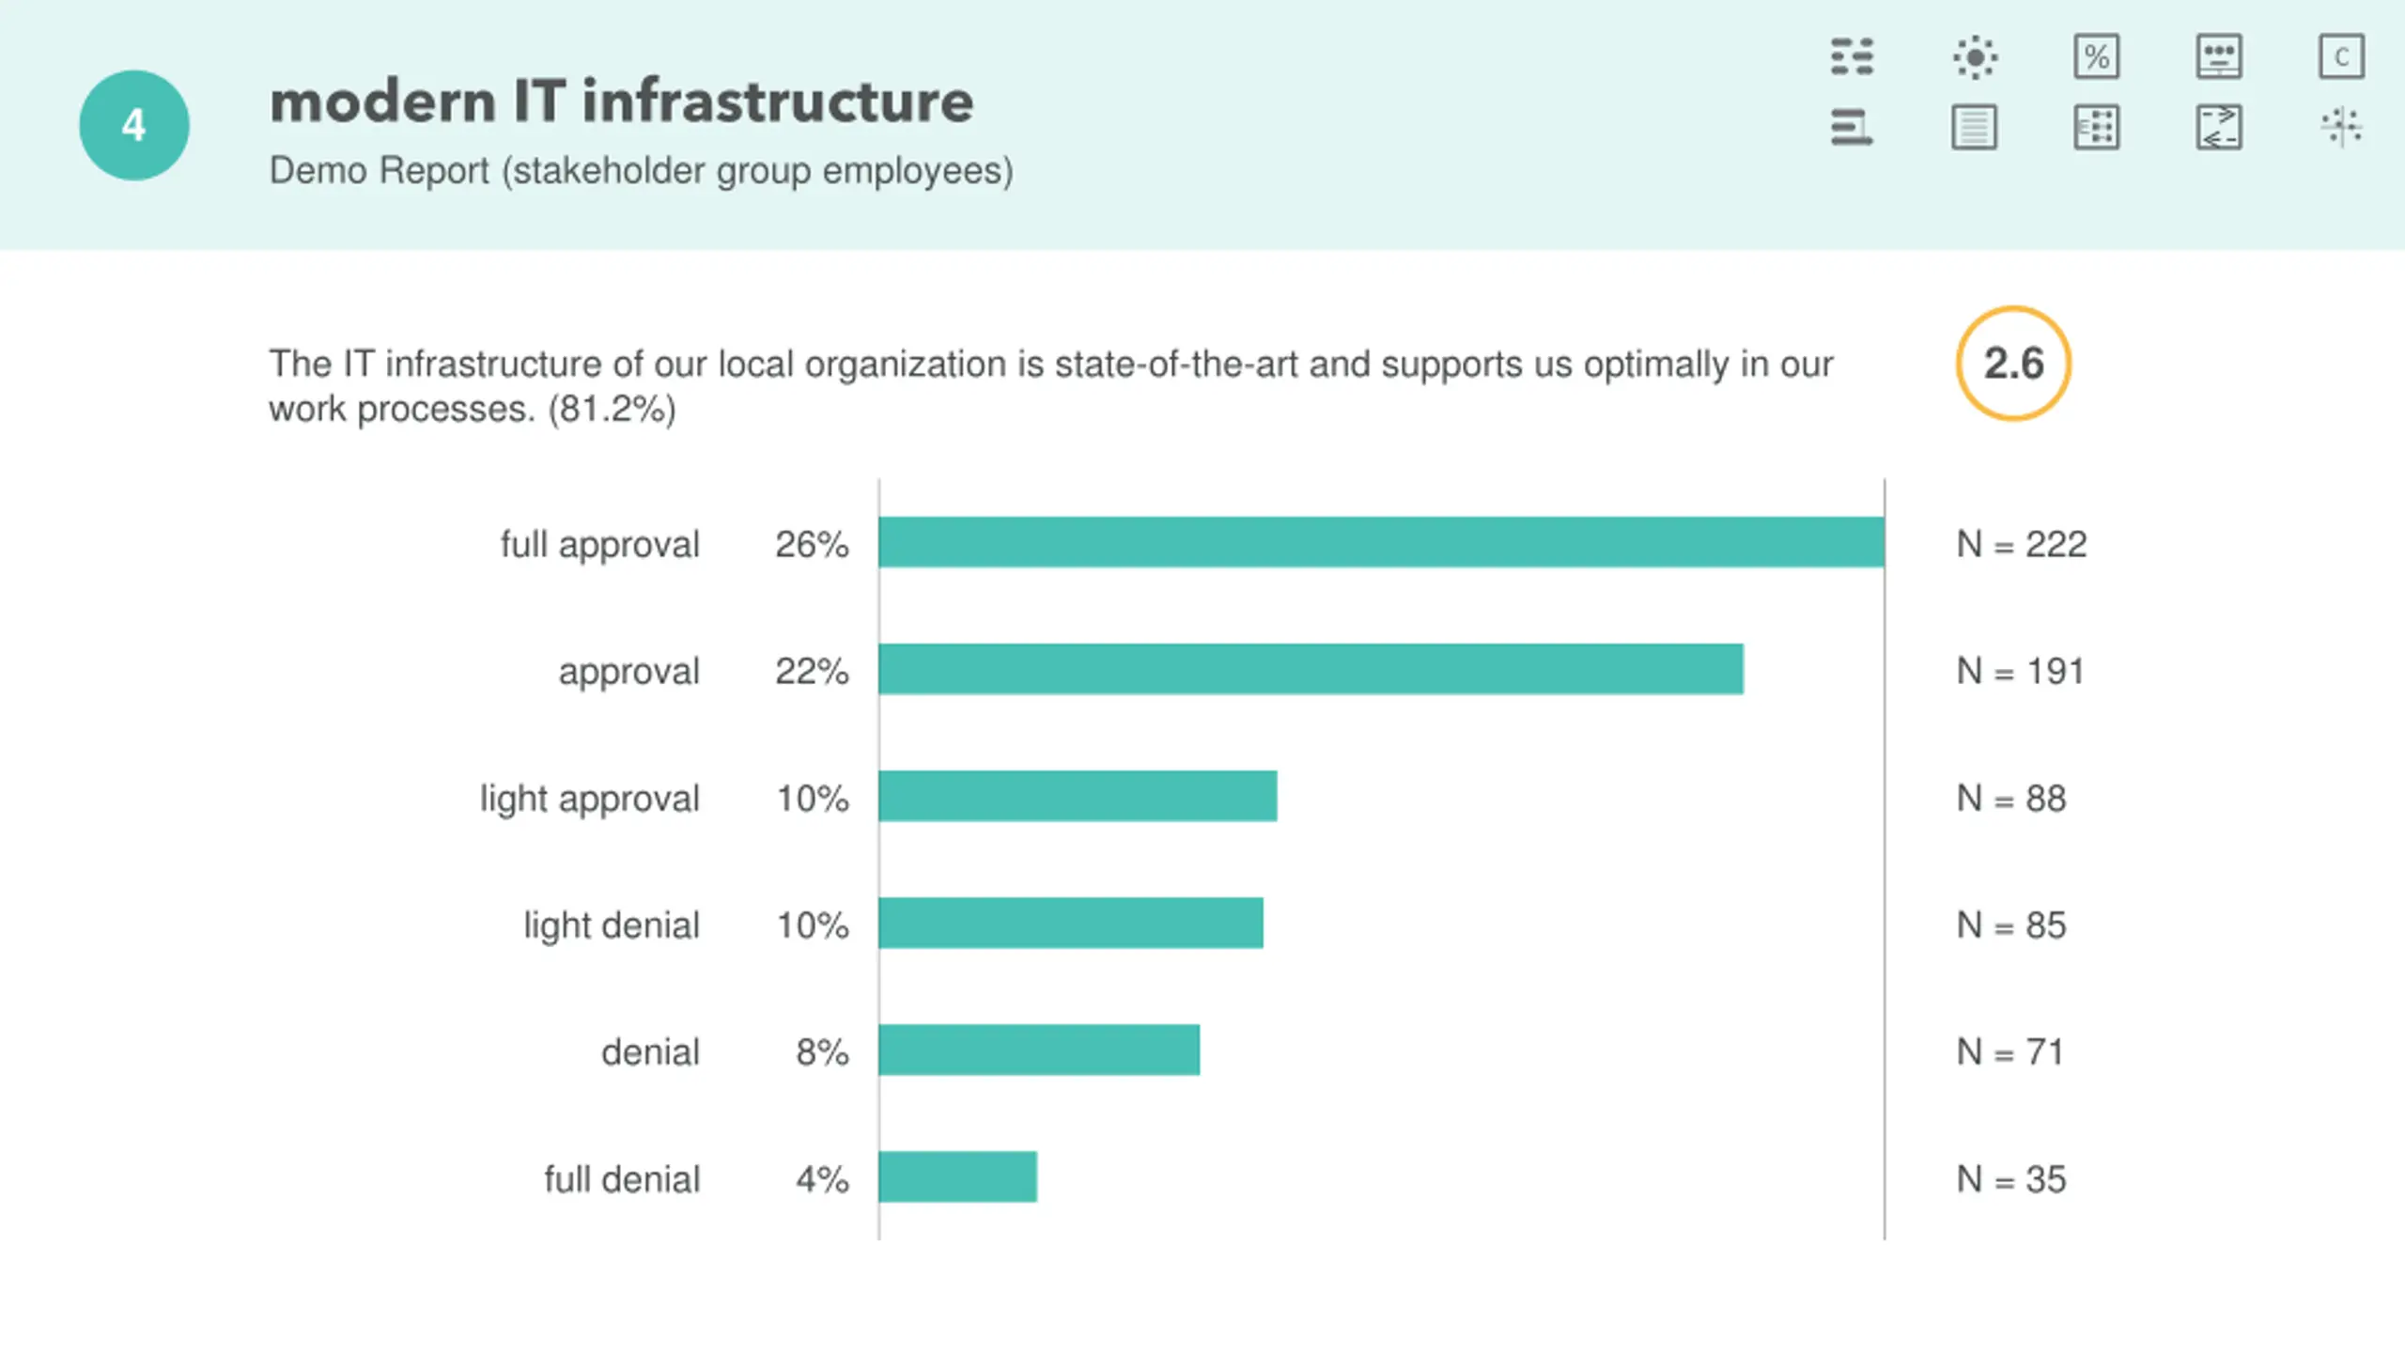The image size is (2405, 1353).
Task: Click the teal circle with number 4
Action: [134, 125]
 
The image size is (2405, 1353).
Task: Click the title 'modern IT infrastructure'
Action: [621, 101]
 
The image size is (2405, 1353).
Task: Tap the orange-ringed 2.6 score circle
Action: [2013, 364]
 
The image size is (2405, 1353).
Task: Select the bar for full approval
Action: [1381, 542]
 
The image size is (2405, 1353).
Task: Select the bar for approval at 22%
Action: [1311, 669]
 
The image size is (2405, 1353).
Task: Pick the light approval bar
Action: [1078, 796]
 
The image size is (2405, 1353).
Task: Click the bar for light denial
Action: [1071, 923]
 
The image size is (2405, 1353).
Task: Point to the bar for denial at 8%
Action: [1039, 1050]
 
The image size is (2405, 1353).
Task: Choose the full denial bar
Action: [957, 1176]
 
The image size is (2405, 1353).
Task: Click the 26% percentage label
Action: [812, 544]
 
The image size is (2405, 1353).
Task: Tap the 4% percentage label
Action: [822, 1179]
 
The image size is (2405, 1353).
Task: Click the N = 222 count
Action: [2021, 544]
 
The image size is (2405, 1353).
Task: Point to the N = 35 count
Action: [2010, 1179]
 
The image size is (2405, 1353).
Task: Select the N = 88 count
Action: [2010, 799]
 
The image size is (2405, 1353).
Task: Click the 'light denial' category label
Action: [612, 925]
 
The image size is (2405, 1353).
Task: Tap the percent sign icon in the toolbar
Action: [2096, 57]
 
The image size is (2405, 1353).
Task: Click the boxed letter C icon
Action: [2341, 57]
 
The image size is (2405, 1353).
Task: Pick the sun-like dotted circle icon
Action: [1975, 57]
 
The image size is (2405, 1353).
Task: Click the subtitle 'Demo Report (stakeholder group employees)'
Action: [641, 171]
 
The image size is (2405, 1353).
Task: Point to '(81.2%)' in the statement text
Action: [612, 410]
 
